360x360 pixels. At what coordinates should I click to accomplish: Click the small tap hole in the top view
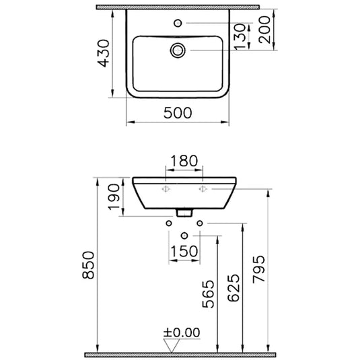pyautogui.click(x=178, y=23)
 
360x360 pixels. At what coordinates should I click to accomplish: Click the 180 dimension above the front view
pyautogui.click(x=184, y=161)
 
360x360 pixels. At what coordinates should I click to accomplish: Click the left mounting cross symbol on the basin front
pyautogui.click(x=164, y=191)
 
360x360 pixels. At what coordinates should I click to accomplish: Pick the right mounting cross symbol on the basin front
pyautogui.click(x=201, y=191)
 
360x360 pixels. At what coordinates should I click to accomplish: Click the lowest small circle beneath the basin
pyautogui.click(x=184, y=236)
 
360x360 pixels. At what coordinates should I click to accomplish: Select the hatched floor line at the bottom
pyautogui.click(x=180, y=354)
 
